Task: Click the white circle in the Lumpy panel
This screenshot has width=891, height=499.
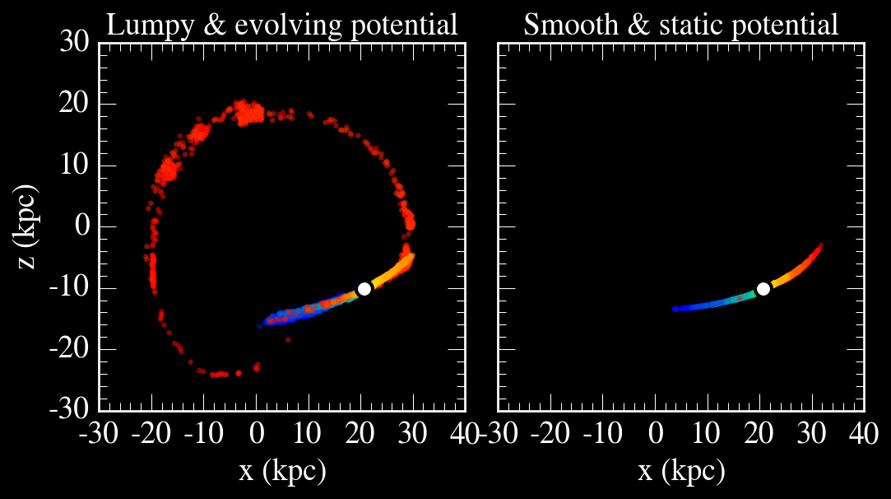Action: [x=364, y=288]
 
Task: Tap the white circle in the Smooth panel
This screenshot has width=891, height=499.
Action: [x=763, y=288]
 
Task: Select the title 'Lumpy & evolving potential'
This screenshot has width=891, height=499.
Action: [x=282, y=25]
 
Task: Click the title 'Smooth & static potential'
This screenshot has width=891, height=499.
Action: [x=681, y=25]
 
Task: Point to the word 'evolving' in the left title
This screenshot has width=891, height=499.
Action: [x=296, y=25]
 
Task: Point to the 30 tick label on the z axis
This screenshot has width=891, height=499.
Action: [x=78, y=42]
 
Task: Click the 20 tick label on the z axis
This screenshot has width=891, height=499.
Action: [x=78, y=104]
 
